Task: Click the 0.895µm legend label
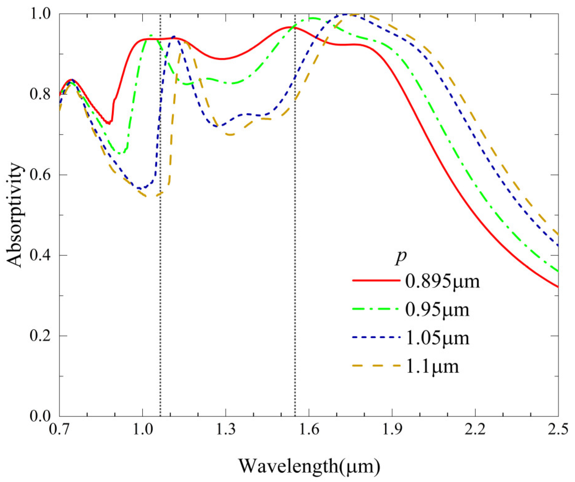[442, 282]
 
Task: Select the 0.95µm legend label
[437, 310]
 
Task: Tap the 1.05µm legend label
[437, 338]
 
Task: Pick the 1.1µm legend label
[432, 367]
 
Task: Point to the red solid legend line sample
[376, 280]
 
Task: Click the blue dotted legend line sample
[376, 337]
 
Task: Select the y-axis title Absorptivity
[15, 215]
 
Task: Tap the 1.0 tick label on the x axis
[143, 430]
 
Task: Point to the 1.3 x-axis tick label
[226, 430]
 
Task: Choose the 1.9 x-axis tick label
[392, 430]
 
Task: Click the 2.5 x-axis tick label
[558, 430]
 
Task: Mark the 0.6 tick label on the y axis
[40, 175]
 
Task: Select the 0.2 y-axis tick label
[40, 336]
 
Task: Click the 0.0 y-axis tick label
[40, 416]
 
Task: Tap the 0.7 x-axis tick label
[59, 430]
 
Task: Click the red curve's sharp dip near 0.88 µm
[109, 123]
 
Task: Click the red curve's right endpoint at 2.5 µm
[558, 287]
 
